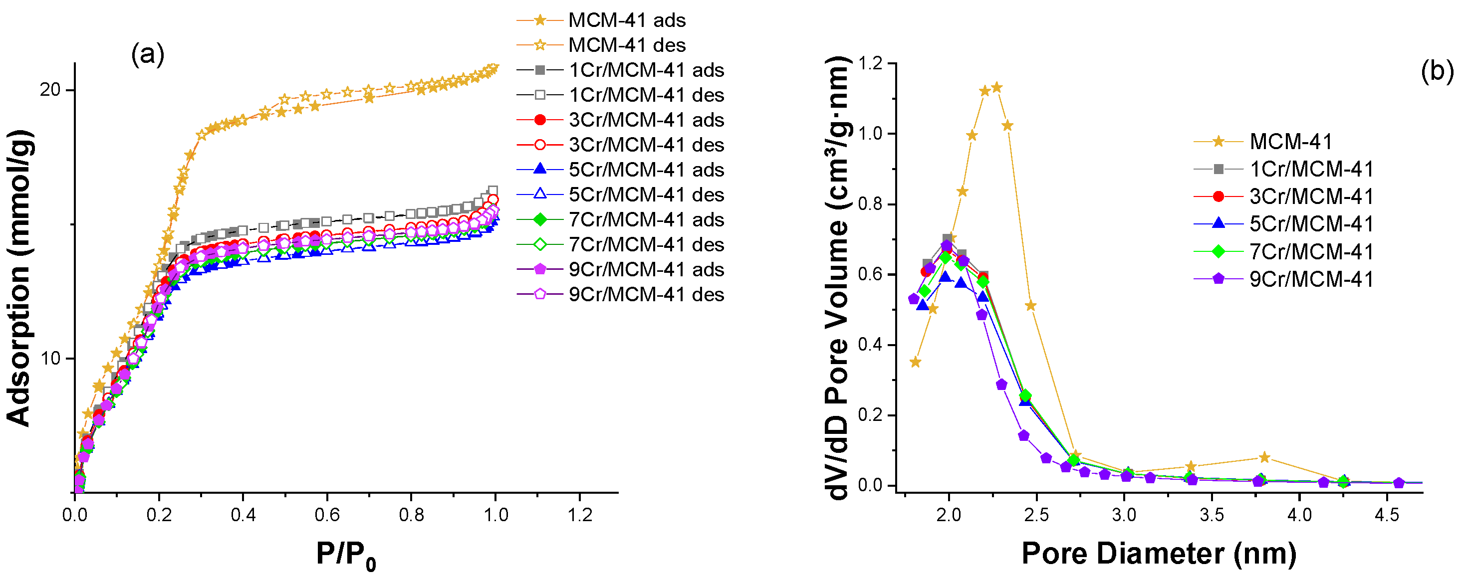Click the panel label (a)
pyautogui.click(x=148, y=55)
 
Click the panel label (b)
pyautogui.click(x=1437, y=72)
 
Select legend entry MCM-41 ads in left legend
pyautogui.click(x=627, y=20)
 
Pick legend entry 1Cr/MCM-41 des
pyautogui.click(x=646, y=95)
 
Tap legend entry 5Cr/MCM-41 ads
pyautogui.click(x=646, y=170)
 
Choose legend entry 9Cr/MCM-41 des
pyautogui.click(x=646, y=294)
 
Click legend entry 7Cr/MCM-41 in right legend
pyautogui.click(x=1311, y=251)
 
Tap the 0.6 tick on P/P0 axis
pyautogui.click(x=327, y=515)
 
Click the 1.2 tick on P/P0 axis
pyautogui.click(x=580, y=515)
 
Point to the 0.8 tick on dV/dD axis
pyautogui.click(x=871, y=204)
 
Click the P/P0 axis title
pyautogui.click(x=345, y=555)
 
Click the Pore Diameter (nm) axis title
pyautogui.click(x=1159, y=554)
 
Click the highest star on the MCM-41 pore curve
pyautogui.click(x=996, y=87)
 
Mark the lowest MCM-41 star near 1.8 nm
pyautogui.click(x=915, y=362)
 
